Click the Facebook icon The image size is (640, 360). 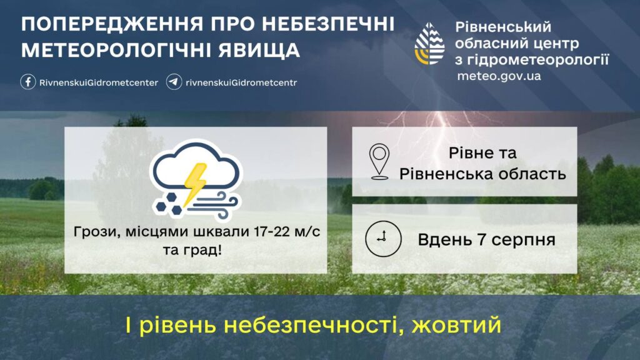(x=28, y=82)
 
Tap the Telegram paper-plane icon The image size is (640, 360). (x=174, y=82)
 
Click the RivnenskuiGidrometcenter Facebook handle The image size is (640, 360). (x=99, y=82)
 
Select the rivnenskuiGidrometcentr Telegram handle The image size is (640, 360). (x=241, y=82)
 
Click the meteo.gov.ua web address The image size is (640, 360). (x=499, y=76)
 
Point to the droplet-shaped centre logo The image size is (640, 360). (x=429, y=44)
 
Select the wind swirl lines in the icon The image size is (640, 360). (x=213, y=205)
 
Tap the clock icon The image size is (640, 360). (x=383, y=239)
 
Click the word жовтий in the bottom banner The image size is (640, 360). (x=456, y=325)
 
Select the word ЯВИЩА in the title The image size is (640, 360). (x=259, y=51)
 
